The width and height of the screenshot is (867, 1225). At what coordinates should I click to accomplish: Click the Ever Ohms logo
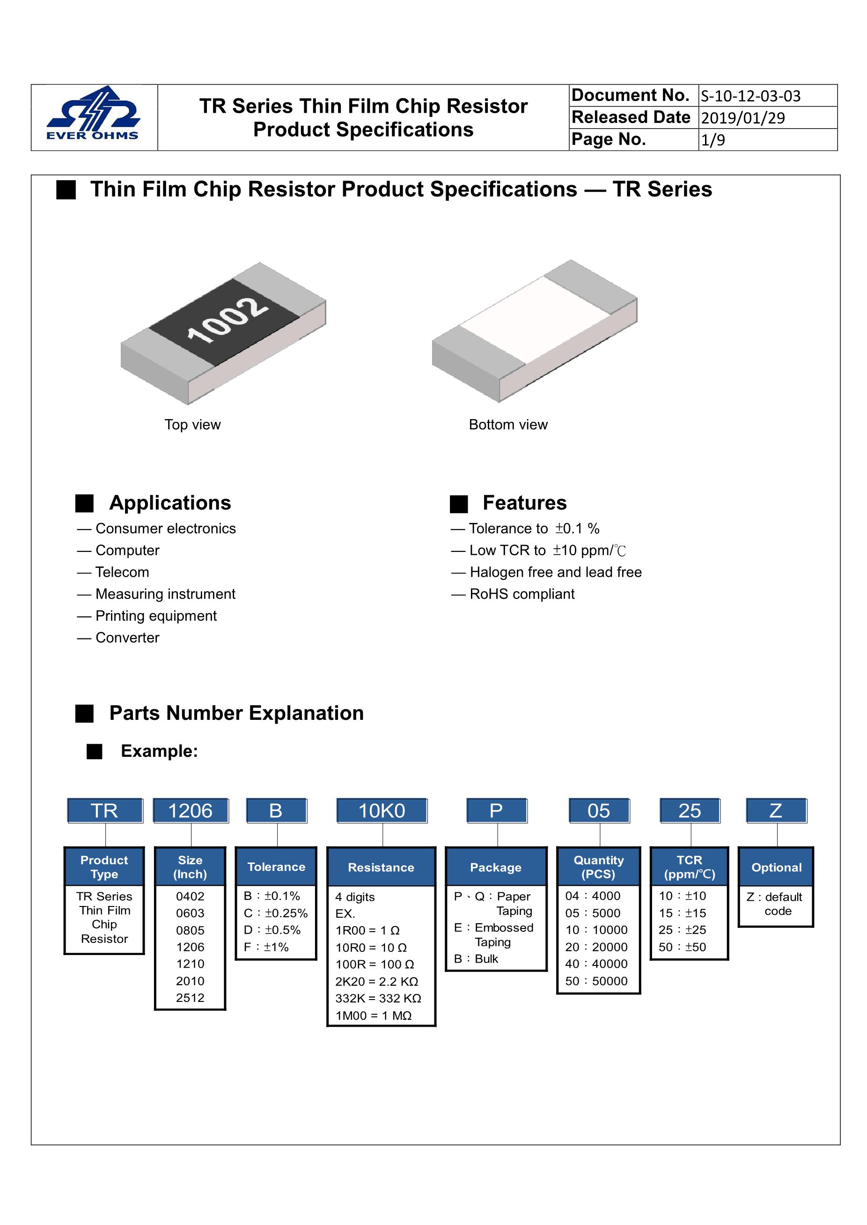point(94,114)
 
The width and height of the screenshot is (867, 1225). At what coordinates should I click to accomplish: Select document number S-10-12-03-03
point(750,96)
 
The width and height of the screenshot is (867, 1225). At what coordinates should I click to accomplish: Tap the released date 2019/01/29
point(742,118)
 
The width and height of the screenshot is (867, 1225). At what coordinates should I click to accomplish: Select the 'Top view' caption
point(192,425)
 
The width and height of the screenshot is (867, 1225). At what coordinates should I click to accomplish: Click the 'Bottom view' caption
point(508,425)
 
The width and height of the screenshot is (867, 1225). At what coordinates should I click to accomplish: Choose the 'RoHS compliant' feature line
point(522,594)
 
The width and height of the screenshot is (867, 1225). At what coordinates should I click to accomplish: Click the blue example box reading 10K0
point(382,811)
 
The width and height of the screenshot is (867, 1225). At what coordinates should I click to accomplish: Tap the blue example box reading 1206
point(191,811)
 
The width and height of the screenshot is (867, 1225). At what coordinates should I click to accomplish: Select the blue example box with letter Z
point(776,811)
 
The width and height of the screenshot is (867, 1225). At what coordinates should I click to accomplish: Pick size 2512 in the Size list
point(190,998)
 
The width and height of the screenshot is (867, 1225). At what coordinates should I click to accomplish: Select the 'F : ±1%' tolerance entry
point(266,947)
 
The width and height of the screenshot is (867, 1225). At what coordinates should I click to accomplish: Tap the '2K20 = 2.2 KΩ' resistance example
point(376,982)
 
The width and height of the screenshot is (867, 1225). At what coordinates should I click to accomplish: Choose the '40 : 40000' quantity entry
point(596,964)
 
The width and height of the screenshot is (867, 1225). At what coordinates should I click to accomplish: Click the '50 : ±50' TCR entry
point(682,947)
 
